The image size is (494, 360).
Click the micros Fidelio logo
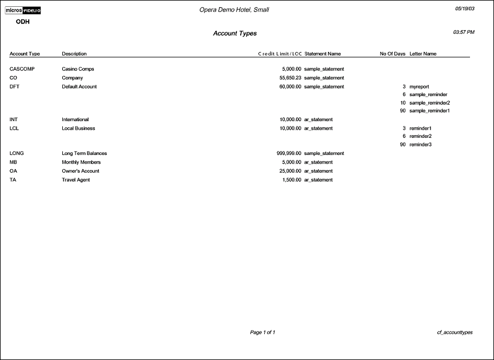[23, 10]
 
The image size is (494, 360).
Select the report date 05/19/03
[464, 9]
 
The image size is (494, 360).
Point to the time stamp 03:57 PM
[463, 32]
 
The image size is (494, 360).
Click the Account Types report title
[235, 34]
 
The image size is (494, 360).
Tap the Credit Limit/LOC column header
[280, 54]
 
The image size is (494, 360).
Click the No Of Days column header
[392, 54]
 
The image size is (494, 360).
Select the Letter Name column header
[423, 54]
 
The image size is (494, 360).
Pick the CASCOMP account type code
[22, 69]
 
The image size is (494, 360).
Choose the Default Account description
[79, 87]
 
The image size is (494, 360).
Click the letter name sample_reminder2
[429, 103]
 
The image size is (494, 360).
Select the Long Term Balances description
[84, 154]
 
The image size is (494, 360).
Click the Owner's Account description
[81, 171]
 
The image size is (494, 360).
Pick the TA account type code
[13, 180]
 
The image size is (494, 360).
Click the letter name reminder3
[420, 145]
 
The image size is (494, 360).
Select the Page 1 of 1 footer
[262, 332]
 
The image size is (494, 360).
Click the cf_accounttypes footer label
[455, 332]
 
